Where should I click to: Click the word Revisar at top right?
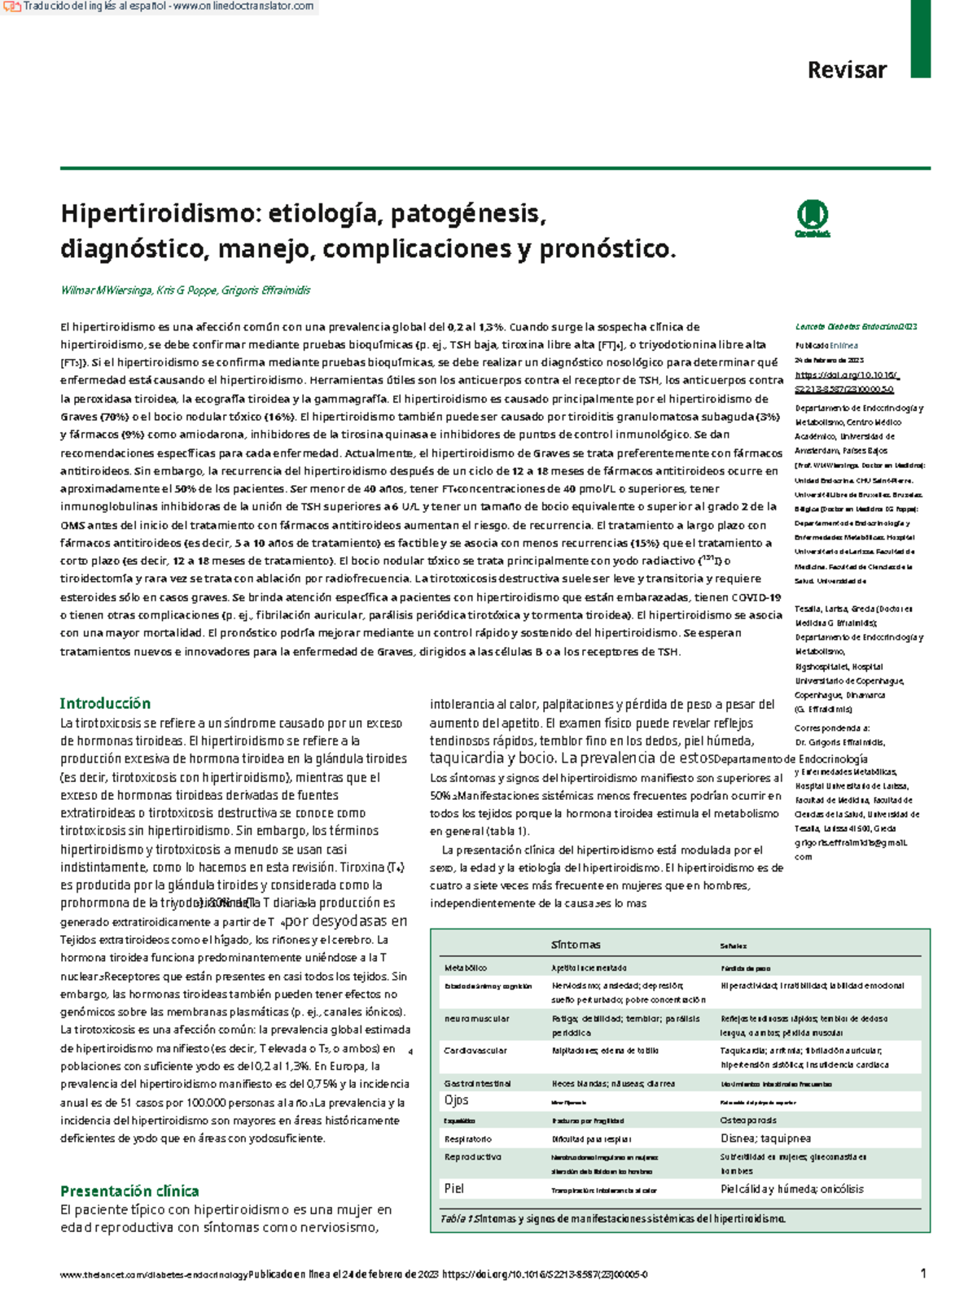pyautogui.click(x=846, y=70)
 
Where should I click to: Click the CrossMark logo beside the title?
pyautogui.click(x=812, y=217)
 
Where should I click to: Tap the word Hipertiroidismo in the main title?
pyautogui.click(x=158, y=214)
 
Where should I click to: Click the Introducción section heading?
pyautogui.click(x=105, y=703)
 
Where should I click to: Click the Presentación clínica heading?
pyautogui.click(x=129, y=1191)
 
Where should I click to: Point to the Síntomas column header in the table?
pyautogui.click(x=575, y=945)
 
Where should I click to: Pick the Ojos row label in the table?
pyautogui.click(x=456, y=1100)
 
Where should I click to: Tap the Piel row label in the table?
pyautogui.click(x=453, y=1189)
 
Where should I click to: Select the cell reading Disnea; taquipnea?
pyautogui.click(x=765, y=1138)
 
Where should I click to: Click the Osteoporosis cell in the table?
pyautogui.click(x=748, y=1121)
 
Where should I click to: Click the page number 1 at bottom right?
pyautogui.click(x=922, y=1274)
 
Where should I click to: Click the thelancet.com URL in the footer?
pyautogui.click(x=153, y=1274)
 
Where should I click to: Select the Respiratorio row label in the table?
pyautogui.click(x=467, y=1138)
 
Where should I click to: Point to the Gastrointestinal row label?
pyautogui.click(x=477, y=1083)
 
